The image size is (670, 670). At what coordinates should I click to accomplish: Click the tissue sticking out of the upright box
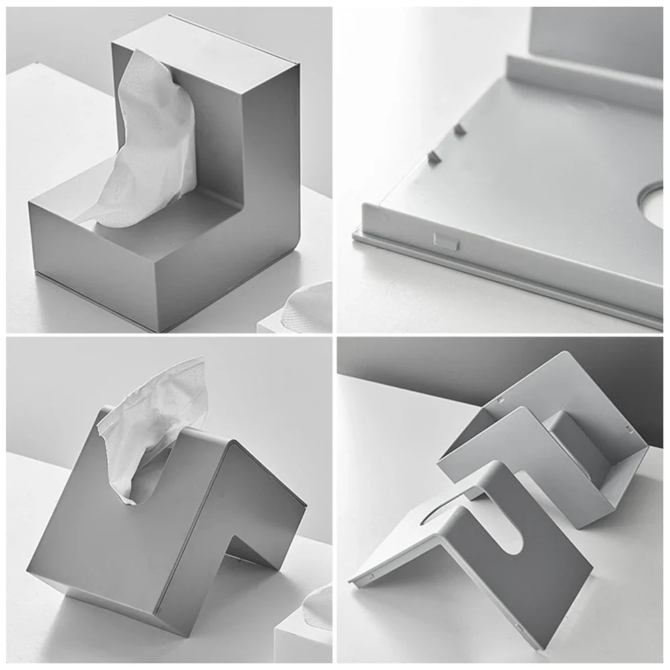(x=151, y=141)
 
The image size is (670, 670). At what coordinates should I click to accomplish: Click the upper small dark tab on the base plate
(x=460, y=129)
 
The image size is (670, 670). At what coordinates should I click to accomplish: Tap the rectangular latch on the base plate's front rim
(x=446, y=241)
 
